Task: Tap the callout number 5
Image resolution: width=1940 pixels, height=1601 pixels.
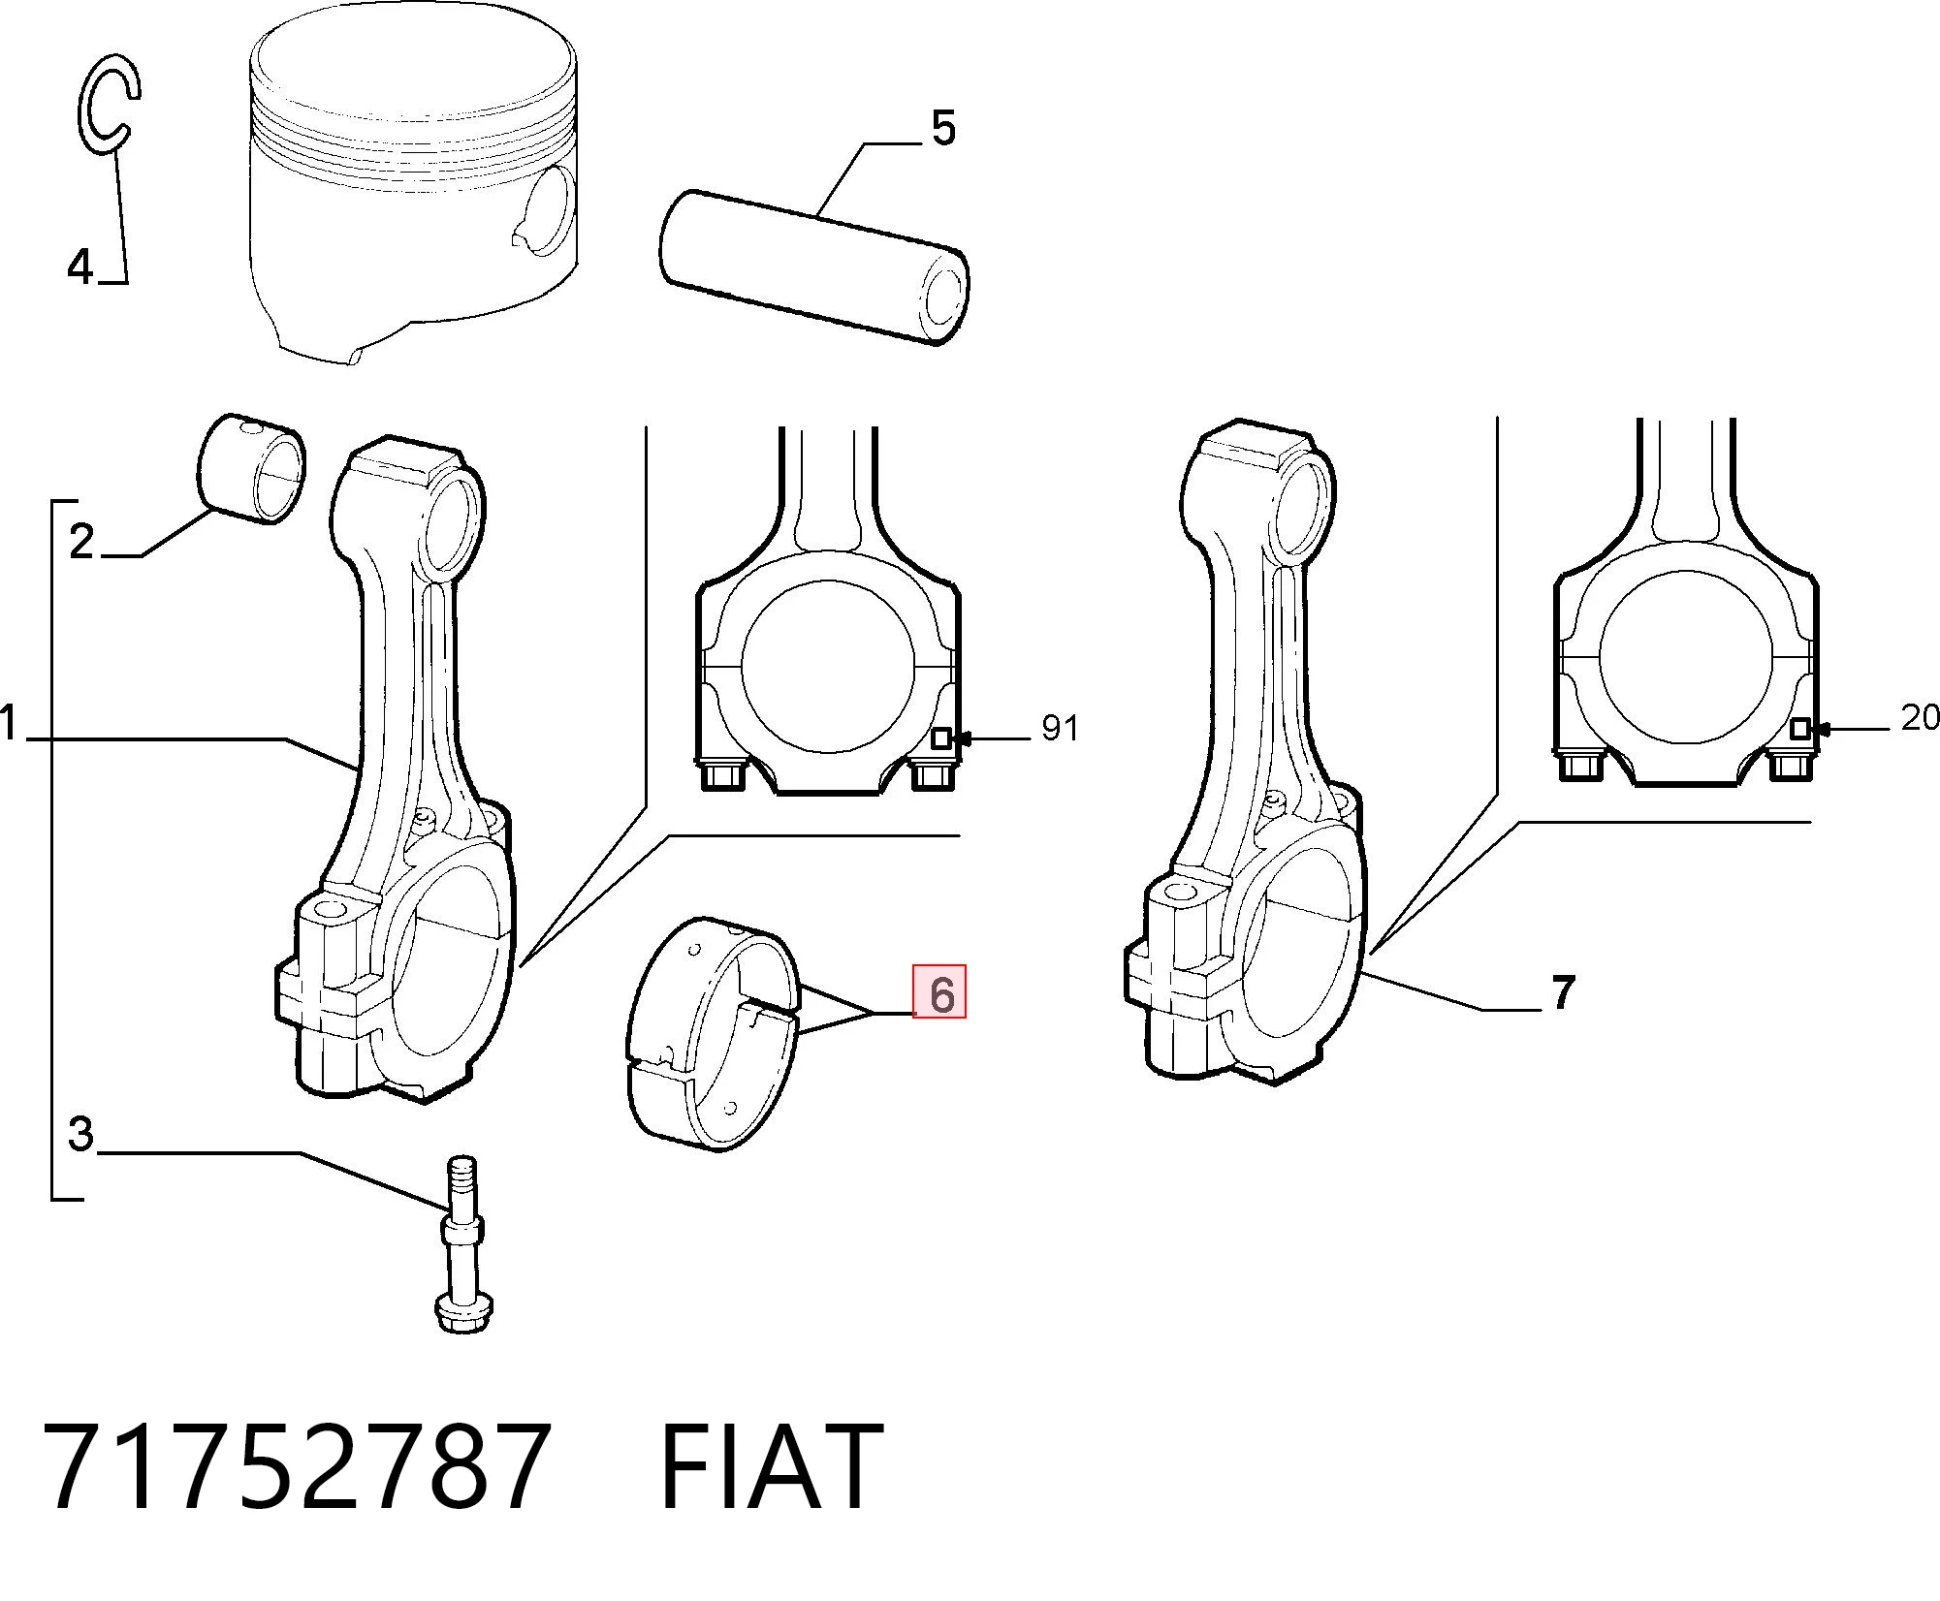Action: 942,127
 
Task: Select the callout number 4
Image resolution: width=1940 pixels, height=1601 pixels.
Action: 80,266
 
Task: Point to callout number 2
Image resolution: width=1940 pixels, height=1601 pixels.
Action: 82,540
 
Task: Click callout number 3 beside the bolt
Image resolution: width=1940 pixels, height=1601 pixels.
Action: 80,1132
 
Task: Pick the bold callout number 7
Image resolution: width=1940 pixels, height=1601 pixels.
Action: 1562,992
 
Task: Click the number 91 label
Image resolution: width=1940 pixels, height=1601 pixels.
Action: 1060,727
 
